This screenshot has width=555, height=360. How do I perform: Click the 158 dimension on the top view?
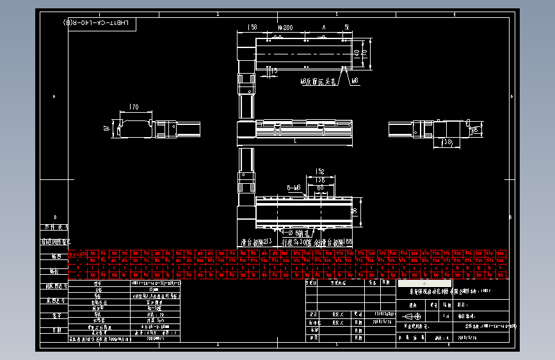252,28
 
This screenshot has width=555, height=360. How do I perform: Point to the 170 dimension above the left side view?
134,107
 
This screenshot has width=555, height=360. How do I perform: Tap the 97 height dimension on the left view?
107,128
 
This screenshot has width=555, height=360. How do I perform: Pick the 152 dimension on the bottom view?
318,171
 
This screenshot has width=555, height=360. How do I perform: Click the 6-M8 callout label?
294,188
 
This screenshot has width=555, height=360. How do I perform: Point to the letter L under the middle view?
294,140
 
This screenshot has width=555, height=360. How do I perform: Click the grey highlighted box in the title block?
424,282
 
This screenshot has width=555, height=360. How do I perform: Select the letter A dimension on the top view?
325,28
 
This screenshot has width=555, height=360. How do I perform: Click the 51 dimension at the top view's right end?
346,28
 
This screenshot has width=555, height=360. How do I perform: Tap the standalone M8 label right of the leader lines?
354,81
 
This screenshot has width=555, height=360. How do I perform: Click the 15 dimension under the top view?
275,71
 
